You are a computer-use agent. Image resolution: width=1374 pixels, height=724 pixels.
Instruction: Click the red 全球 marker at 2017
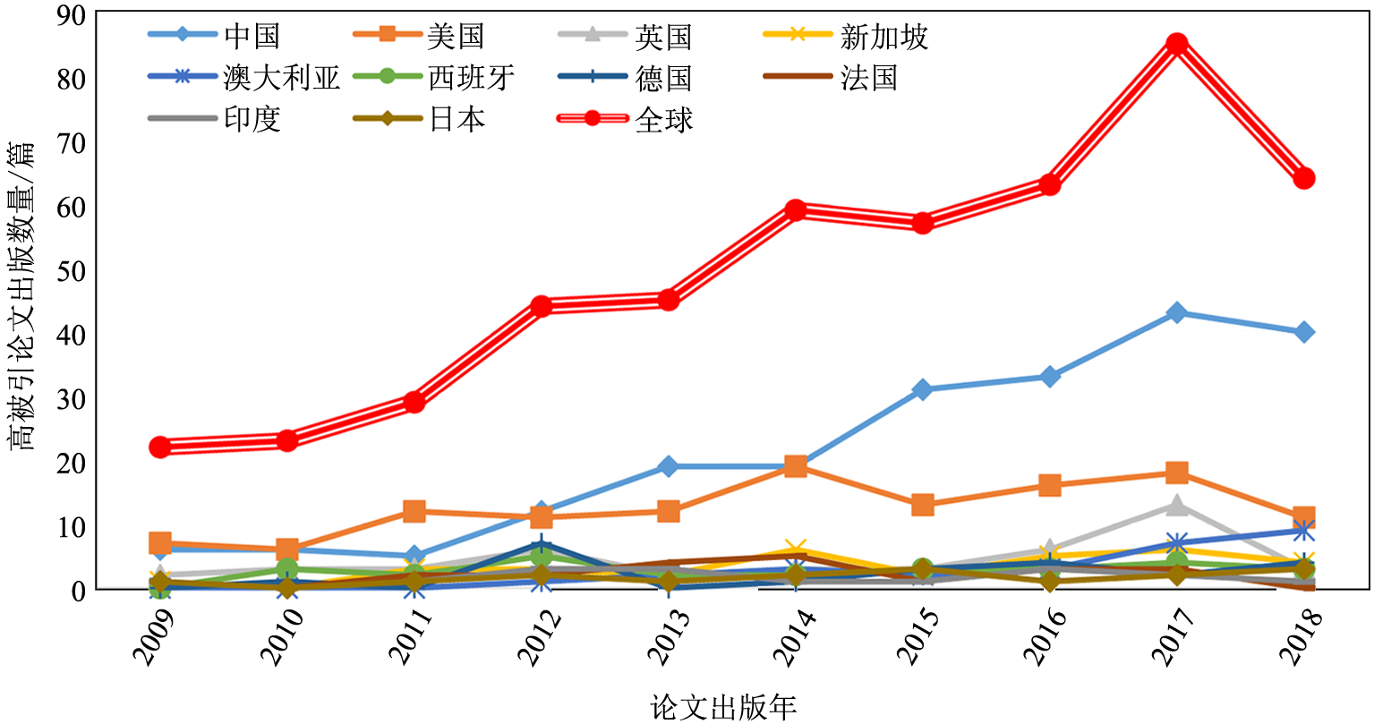[1177, 44]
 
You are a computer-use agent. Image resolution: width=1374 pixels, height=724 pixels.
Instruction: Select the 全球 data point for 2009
[160, 447]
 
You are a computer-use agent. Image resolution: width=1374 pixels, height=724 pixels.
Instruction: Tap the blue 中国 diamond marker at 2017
[1177, 312]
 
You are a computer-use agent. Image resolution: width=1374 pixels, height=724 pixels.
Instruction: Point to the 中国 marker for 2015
[923, 389]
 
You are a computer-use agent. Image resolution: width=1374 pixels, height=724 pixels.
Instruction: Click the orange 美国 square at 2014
[796, 465]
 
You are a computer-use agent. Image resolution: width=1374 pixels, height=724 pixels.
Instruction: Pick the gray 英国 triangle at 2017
[1177, 506]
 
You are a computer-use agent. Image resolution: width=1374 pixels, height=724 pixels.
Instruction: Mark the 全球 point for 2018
[1304, 178]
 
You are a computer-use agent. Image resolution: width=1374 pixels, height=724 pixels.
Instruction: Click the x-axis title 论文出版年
[723, 707]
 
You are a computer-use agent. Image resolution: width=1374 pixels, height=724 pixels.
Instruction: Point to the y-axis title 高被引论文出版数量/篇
[23, 295]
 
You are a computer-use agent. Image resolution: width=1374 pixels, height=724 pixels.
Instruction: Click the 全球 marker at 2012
[542, 306]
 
